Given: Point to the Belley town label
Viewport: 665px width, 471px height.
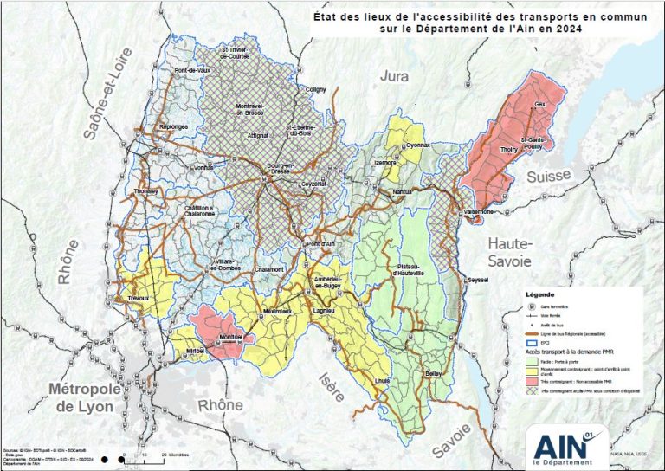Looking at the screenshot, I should point(434,373).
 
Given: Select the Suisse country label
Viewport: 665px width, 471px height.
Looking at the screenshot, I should point(547,176).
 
